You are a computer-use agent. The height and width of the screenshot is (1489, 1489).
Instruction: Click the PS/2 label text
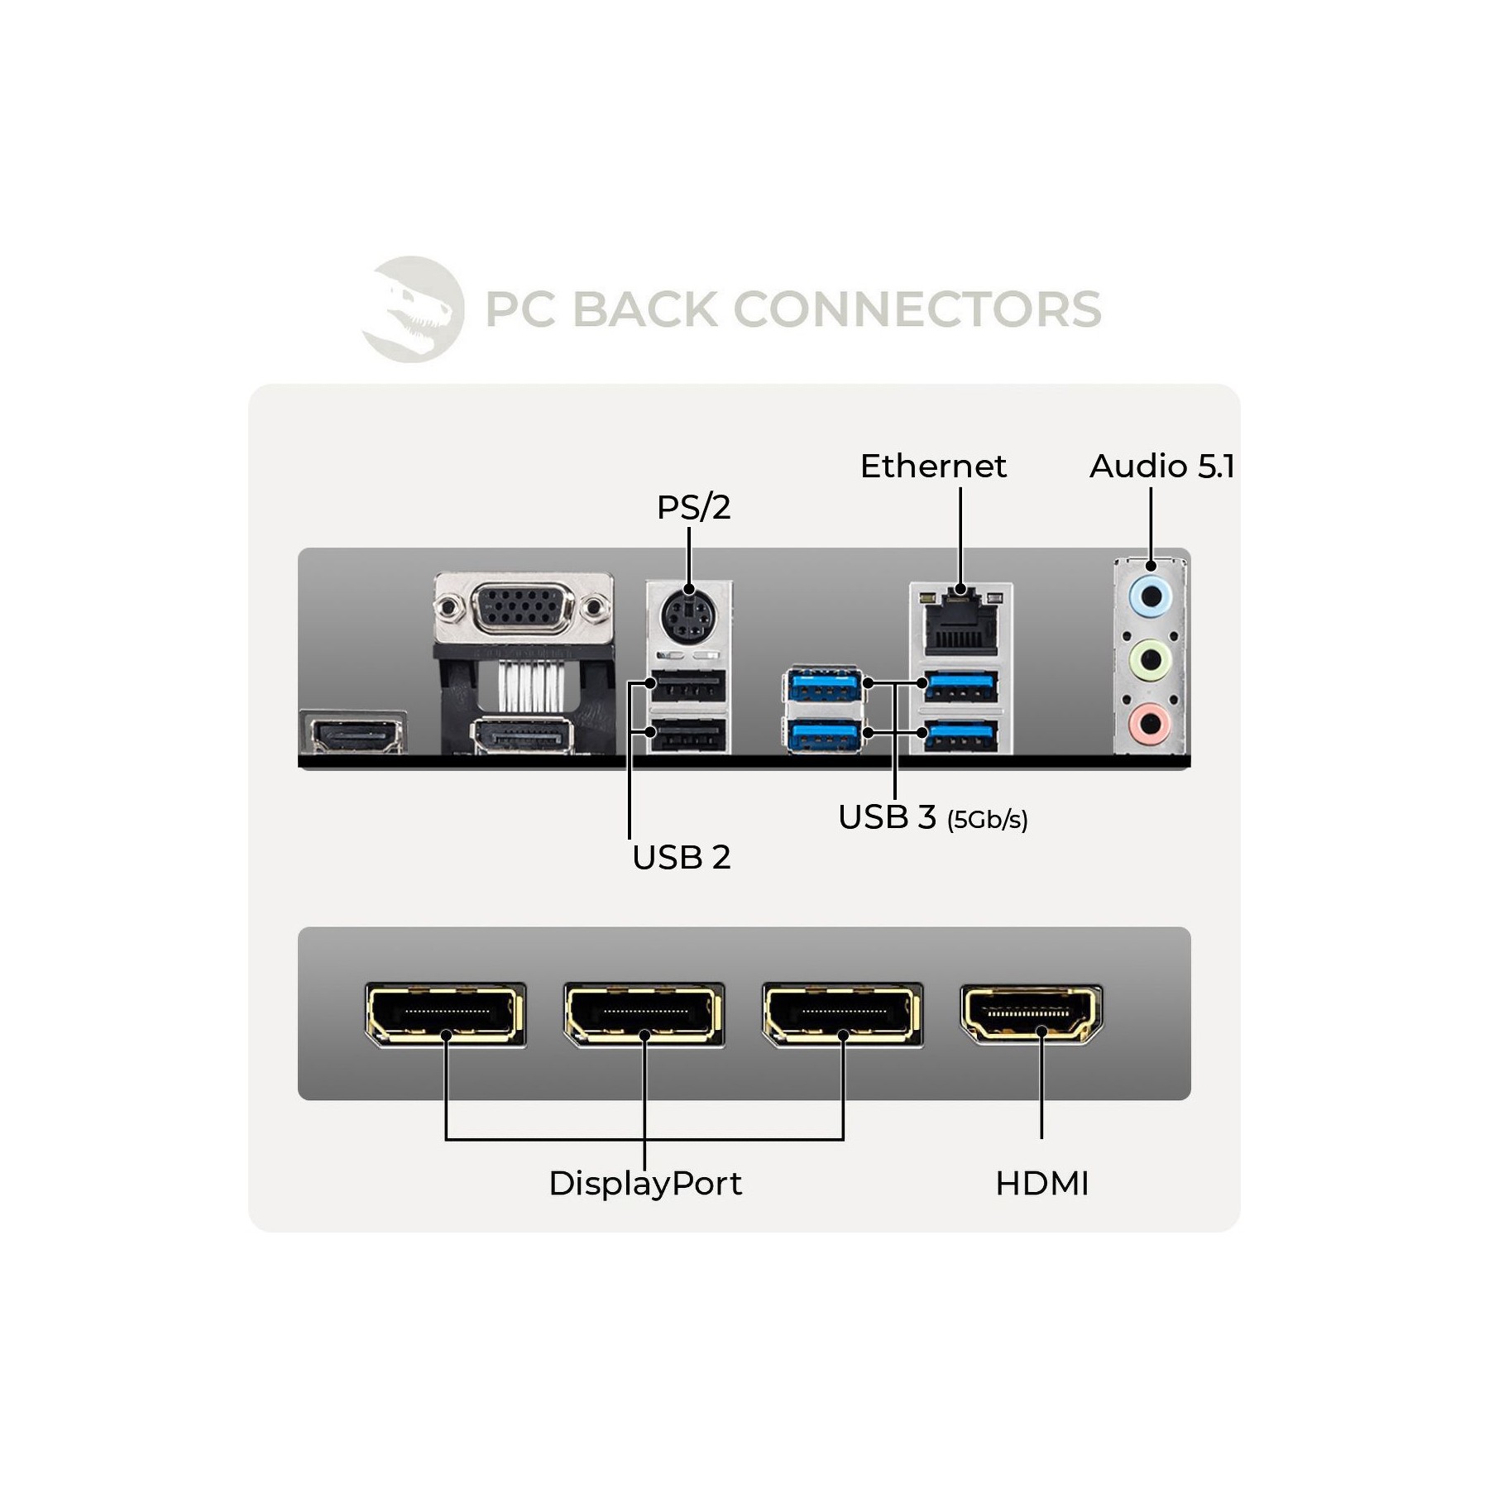[x=693, y=508]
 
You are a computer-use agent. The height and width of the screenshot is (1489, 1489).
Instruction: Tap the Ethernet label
[x=933, y=467]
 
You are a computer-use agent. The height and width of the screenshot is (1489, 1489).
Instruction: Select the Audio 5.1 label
[x=1162, y=467]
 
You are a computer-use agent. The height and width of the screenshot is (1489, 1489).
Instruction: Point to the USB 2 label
[x=681, y=858]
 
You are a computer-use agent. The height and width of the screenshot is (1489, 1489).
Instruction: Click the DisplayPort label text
[x=645, y=1184]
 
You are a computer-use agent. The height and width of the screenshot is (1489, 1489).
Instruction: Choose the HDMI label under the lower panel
[x=1042, y=1184]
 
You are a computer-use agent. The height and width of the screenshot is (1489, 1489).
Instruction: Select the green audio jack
[x=1151, y=660]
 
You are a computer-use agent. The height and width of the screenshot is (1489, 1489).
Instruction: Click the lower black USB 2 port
[x=687, y=735]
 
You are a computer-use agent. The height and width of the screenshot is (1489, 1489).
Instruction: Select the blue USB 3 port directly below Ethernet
[x=960, y=686]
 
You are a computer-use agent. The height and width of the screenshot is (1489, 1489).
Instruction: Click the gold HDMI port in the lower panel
[x=1031, y=1014]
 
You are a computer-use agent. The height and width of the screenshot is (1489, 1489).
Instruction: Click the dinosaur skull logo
[x=413, y=309]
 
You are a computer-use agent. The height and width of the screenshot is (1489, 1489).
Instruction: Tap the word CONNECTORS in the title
[x=917, y=309]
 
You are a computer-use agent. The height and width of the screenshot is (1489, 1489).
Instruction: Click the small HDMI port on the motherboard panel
[x=353, y=734]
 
